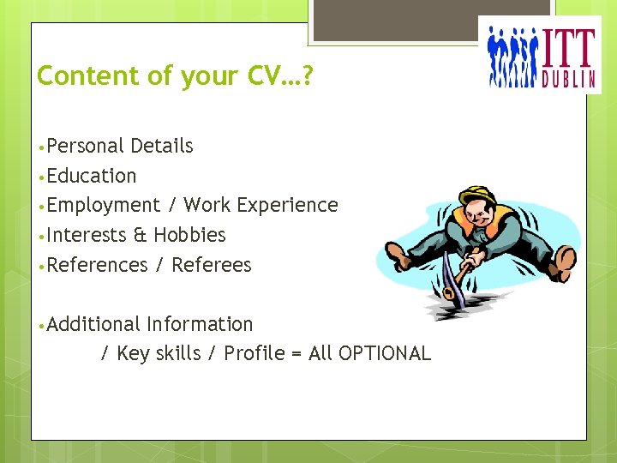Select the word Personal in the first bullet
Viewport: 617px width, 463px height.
tap(85, 146)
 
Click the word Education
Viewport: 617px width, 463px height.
tap(92, 176)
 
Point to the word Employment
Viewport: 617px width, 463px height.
tap(104, 206)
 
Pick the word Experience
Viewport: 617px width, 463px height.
tap(287, 206)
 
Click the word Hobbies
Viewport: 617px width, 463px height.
tap(189, 235)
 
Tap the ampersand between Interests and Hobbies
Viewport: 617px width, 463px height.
tap(138, 235)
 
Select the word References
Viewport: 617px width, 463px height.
tap(98, 265)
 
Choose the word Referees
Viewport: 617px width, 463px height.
tap(212, 265)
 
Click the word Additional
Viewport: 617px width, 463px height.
tap(93, 324)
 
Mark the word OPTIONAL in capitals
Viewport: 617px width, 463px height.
tap(385, 353)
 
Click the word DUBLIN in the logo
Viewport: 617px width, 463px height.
tap(567, 80)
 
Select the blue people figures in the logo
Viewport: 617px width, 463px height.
tap(512, 57)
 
